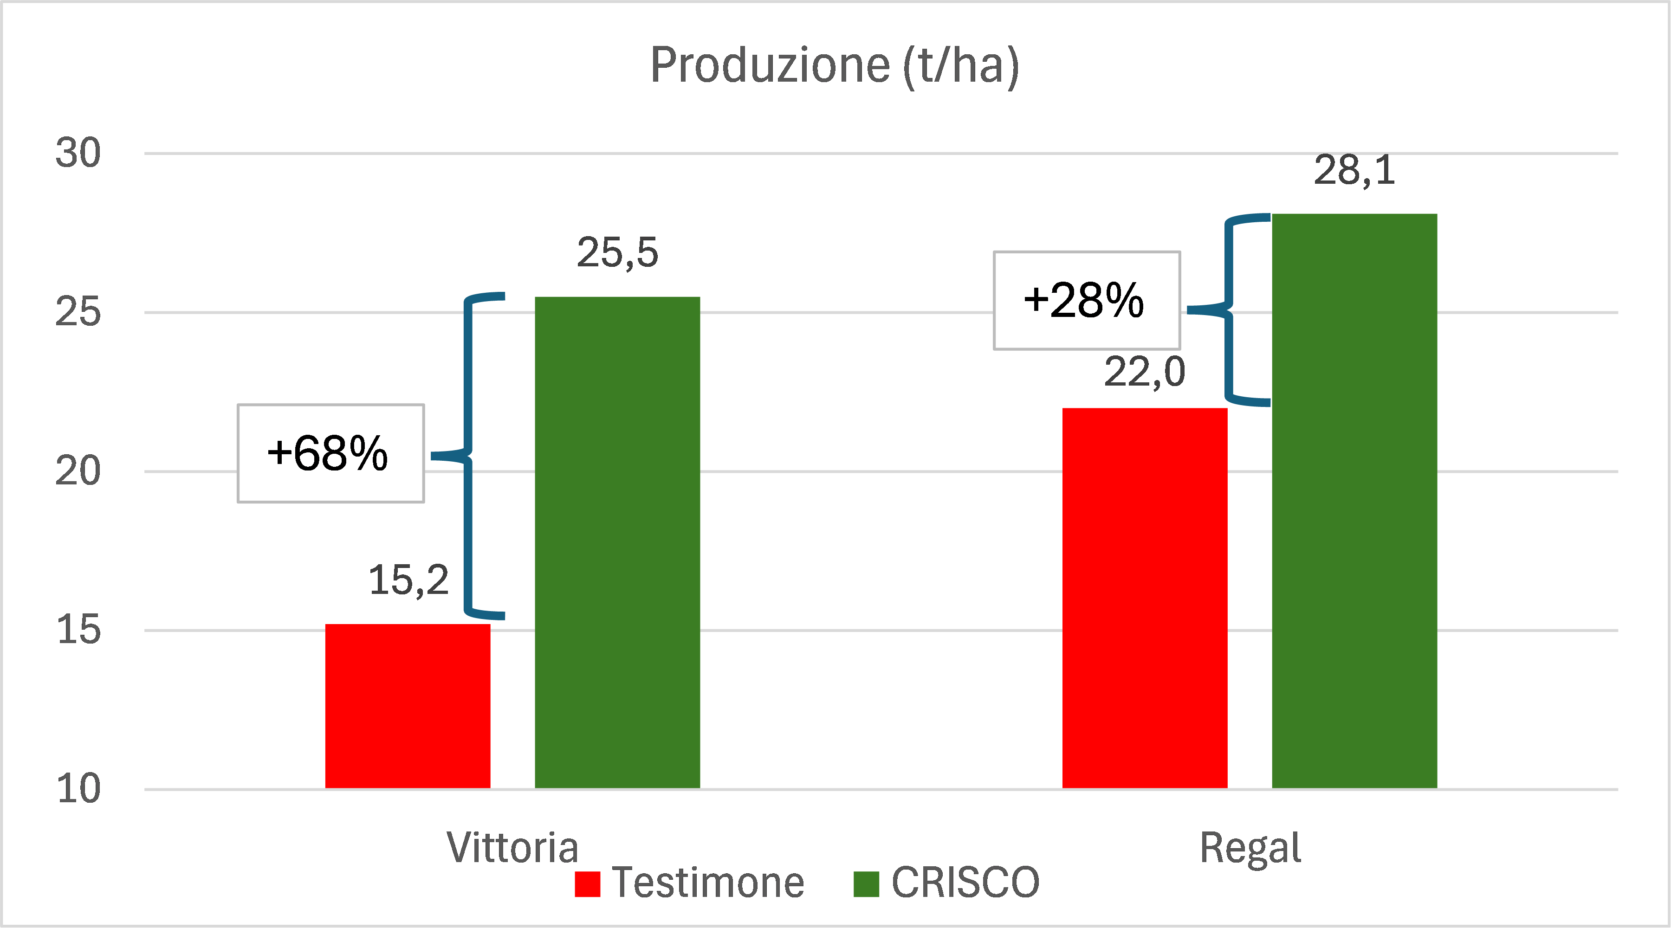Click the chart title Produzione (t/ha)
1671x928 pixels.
(835, 66)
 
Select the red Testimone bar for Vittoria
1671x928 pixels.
(408, 706)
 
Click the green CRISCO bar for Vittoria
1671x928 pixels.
(617, 543)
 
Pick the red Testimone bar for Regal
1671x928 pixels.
(1145, 598)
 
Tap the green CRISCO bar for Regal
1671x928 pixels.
(1354, 501)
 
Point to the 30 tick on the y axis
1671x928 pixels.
(78, 153)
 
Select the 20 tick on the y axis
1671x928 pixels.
(78, 471)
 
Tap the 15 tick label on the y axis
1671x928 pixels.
(78, 630)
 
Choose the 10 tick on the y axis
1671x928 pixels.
(78, 789)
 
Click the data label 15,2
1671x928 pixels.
(408, 580)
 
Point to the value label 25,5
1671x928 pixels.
(617, 252)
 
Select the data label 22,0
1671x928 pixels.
(1145, 372)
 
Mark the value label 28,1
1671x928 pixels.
(1354, 171)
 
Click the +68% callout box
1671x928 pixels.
(331, 453)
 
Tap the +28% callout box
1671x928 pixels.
(1087, 300)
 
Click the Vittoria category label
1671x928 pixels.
(512, 848)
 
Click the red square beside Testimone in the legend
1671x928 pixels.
(587, 884)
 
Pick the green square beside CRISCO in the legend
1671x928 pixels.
(866, 884)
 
